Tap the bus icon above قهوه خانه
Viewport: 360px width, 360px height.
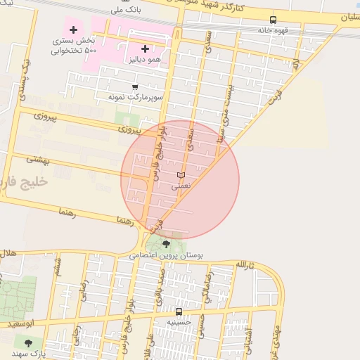click(273, 20)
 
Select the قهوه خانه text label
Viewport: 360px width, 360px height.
click(273, 30)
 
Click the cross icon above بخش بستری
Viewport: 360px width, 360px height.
click(73, 30)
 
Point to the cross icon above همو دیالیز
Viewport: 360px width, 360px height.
click(145, 49)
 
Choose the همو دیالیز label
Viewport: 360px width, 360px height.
click(145, 60)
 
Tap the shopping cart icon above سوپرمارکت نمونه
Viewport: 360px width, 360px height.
click(135, 86)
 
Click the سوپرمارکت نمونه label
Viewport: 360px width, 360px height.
click(135, 96)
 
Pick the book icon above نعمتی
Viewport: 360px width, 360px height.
click(180, 174)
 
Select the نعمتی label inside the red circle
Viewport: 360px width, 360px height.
click(180, 186)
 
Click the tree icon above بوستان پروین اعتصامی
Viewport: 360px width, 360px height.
click(166, 244)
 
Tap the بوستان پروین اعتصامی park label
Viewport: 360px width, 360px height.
click(166, 256)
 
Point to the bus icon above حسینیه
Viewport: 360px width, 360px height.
click(179, 311)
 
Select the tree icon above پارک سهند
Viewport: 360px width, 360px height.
click(28, 342)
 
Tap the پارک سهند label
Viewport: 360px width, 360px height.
click(28, 354)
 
